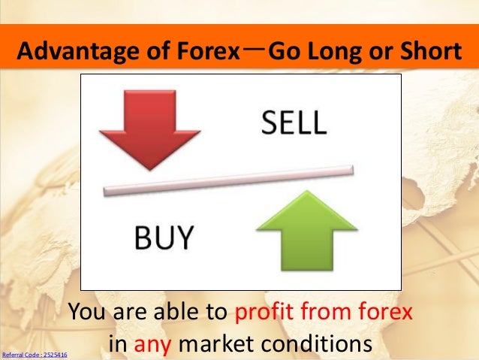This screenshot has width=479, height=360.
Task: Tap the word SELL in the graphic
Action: [x=294, y=123]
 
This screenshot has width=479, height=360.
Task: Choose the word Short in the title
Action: [x=431, y=53]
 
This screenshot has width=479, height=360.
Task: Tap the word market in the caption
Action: [x=215, y=345]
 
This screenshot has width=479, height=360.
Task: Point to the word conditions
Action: [x=321, y=345]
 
